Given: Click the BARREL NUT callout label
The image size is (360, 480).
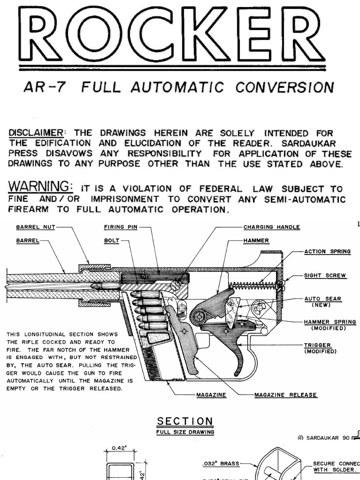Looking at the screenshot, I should point(36,227).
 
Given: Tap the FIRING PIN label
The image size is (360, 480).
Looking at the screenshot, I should point(120,227).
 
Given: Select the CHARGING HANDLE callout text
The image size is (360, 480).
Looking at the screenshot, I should point(271,227).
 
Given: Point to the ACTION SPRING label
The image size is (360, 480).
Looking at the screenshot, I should point(327,252).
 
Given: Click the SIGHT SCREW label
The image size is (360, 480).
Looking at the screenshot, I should point(325,276).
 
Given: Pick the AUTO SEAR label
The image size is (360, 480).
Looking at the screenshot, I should point(322,299).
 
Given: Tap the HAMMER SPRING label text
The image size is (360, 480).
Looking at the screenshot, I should point(330,322).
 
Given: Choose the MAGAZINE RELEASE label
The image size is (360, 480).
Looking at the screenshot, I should point(285,395).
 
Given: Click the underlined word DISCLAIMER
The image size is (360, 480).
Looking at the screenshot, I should point(36,133).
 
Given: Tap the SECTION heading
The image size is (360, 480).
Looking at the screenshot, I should point(185,421).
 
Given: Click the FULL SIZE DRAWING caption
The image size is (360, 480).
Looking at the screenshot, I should point(185,432).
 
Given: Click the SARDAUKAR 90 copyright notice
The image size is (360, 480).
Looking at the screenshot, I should point(324,437).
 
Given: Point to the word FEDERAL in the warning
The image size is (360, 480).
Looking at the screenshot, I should point(220,189).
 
